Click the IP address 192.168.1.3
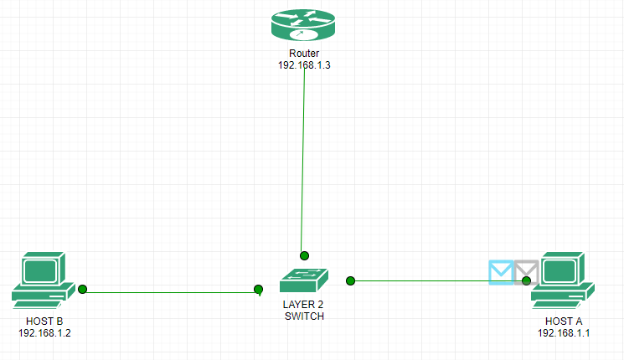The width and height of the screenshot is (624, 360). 304,65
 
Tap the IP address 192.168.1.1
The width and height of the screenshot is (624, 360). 564,332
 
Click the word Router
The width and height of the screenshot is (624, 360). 304,54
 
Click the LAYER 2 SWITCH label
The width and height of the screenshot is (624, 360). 303,311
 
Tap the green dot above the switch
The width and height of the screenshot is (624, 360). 305,255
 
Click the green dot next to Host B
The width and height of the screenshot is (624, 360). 83,290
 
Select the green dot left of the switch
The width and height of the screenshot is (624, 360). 259,290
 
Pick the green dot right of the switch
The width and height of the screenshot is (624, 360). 351,280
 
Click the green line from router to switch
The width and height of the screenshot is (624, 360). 302,159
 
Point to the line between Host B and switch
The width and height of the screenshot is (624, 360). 168,292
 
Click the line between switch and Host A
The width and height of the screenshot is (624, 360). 419,280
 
